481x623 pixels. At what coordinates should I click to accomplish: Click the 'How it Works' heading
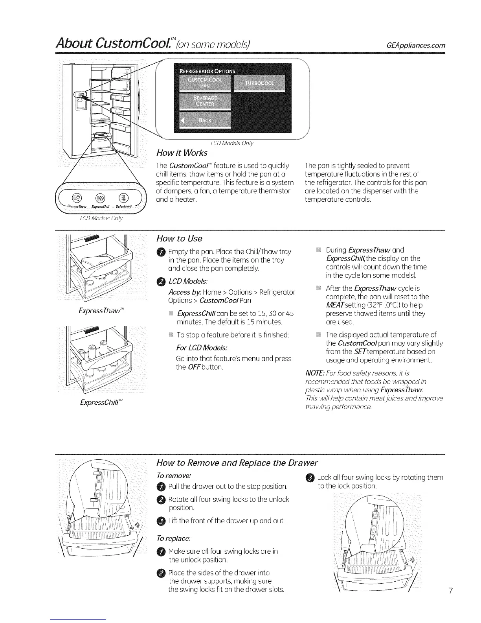(182, 153)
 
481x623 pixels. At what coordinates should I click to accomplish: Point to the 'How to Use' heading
(179, 238)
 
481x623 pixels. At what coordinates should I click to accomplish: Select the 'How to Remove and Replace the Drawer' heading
(237, 462)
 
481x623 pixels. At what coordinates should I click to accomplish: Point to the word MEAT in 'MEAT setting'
(334, 305)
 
